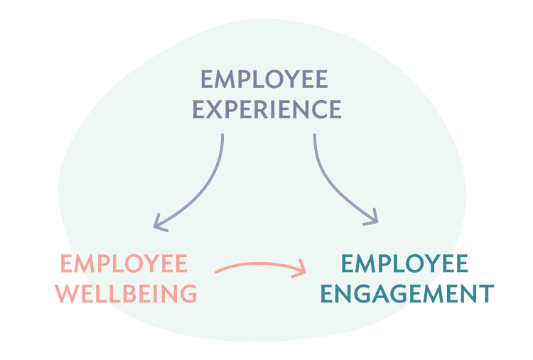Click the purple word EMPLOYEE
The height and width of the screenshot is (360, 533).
coord(264,79)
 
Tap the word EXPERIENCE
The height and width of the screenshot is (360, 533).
coord(266,109)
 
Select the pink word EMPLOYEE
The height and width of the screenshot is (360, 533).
coord(124,263)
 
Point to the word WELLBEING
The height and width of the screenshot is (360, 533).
coord(126,293)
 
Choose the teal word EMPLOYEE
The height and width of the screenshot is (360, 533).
coord(404,263)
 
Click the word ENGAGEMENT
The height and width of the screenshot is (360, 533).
coord(407,293)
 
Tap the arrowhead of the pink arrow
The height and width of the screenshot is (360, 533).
coord(301,269)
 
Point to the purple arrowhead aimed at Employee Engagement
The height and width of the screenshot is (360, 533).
coord(372,218)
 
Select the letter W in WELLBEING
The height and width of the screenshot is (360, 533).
coord(68,293)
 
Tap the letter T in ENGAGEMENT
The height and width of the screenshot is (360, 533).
coord(486,293)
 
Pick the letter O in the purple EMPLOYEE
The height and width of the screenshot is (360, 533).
coord(274,79)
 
